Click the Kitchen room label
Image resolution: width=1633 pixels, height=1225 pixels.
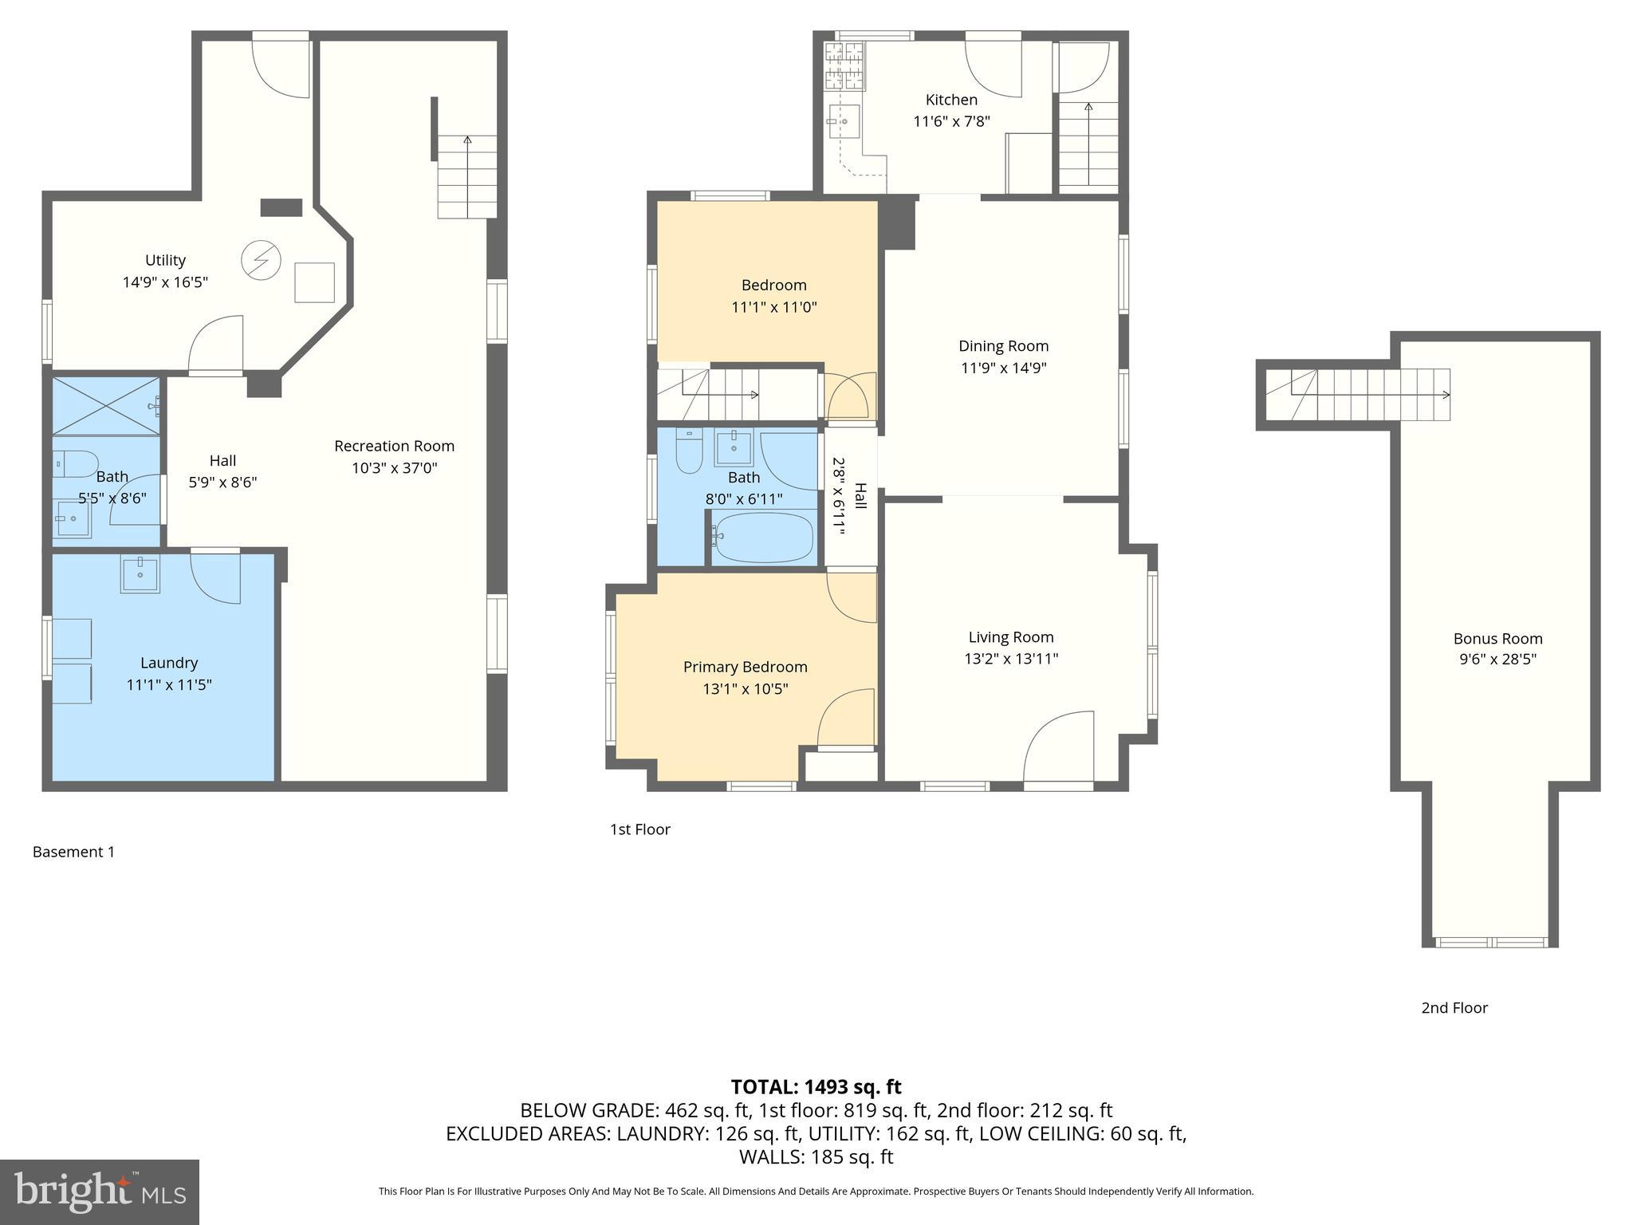pyautogui.click(x=950, y=100)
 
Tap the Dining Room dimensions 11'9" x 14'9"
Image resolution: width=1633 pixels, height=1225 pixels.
pyautogui.click(x=1002, y=368)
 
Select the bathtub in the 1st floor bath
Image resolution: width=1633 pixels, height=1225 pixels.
pyautogui.click(x=763, y=537)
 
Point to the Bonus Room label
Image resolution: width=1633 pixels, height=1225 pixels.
pyautogui.click(x=1497, y=638)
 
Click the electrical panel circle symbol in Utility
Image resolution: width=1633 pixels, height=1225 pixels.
pyautogui.click(x=261, y=260)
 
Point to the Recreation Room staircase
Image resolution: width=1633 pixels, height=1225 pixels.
pyautogui.click(x=466, y=177)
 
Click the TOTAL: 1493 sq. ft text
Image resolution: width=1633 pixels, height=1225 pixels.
pyautogui.click(x=816, y=1086)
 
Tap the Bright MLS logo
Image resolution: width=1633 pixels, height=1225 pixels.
pyautogui.click(x=99, y=1192)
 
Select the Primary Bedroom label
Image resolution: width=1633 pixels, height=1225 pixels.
pyautogui.click(x=745, y=667)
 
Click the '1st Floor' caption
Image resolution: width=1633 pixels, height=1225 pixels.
pyautogui.click(x=639, y=829)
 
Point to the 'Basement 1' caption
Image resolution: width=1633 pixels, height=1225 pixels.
pyautogui.click(x=73, y=852)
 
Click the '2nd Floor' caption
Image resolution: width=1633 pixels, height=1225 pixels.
pyautogui.click(x=1454, y=1007)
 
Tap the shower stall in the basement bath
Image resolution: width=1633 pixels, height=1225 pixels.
pyautogui.click(x=106, y=406)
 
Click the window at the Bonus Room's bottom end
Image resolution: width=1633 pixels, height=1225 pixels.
pyautogui.click(x=1490, y=942)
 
